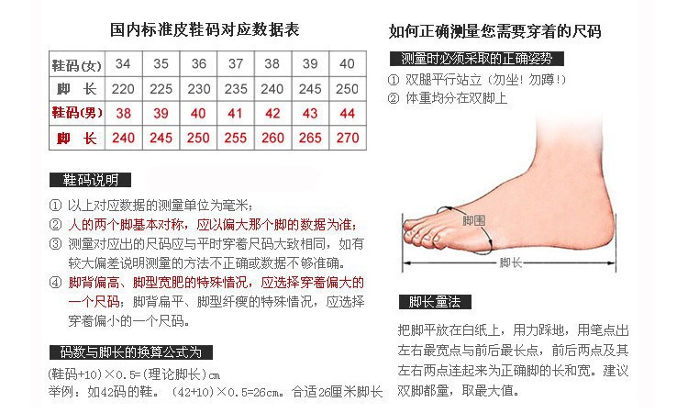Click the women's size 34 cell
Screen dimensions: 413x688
pyautogui.click(x=123, y=64)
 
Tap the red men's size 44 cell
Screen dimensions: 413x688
pyautogui.click(x=346, y=113)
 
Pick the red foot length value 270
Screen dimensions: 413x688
pyautogui.click(x=346, y=139)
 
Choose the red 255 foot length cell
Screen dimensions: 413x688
pyautogui.click(x=235, y=139)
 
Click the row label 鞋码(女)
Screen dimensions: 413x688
pyautogui.click(x=76, y=64)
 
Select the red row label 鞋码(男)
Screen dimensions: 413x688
pyautogui.click(x=76, y=113)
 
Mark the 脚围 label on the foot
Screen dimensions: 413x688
pyautogui.click(x=473, y=222)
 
